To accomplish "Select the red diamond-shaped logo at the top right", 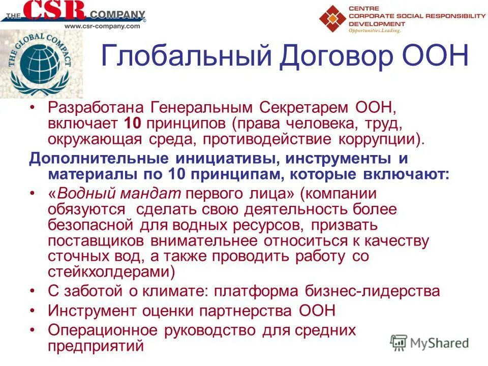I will click(332, 18).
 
